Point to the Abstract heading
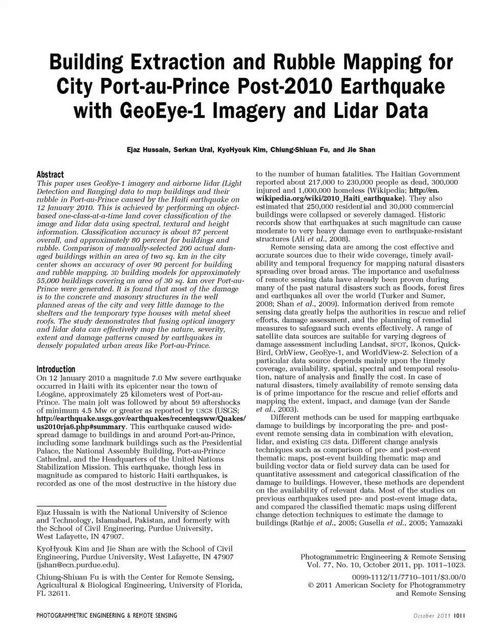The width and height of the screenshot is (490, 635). click(x=50, y=174)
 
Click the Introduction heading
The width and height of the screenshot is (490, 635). click(x=56, y=369)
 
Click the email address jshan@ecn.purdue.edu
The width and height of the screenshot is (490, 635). click(x=78, y=565)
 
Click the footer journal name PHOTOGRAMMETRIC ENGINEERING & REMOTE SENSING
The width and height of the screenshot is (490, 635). click(x=107, y=616)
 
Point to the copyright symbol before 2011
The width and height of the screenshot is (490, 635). click(x=311, y=586)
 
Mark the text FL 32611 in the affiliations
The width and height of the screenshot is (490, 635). click(x=53, y=594)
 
